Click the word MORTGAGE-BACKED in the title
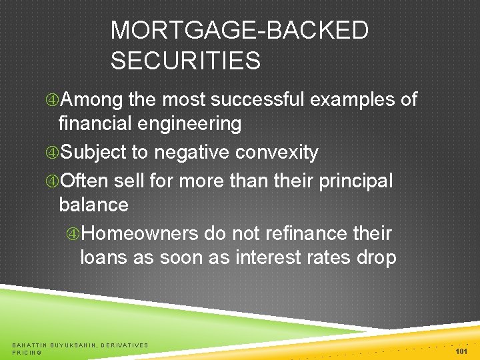point(239,31)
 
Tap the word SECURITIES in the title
point(185,61)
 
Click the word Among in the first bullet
point(93,100)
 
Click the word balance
point(93,205)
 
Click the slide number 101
point(460,351)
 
